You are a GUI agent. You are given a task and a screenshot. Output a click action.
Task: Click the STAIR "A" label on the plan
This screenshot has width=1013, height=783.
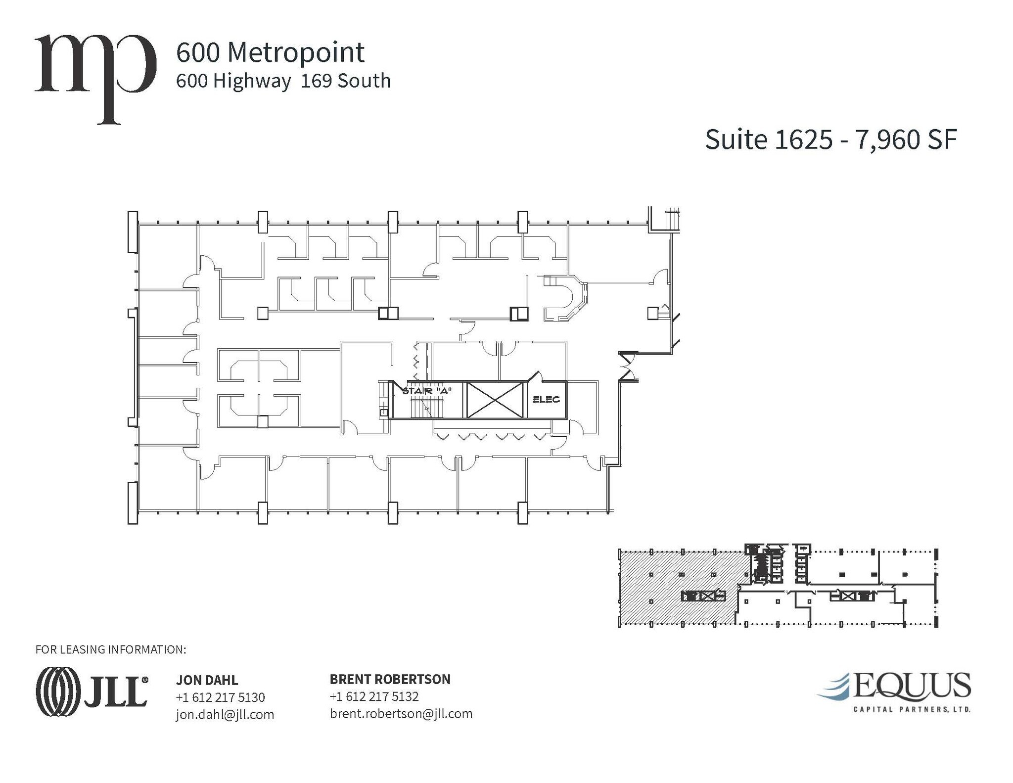coord(427,391)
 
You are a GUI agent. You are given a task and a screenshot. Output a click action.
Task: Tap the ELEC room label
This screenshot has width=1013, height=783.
coord(546,399)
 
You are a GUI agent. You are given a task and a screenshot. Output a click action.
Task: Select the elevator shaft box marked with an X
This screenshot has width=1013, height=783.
coord(495,400)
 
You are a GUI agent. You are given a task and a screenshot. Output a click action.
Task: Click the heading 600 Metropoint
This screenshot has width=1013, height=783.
coord(270,52)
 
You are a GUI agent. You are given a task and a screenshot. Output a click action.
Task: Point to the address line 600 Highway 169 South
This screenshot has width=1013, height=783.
coord(283,81)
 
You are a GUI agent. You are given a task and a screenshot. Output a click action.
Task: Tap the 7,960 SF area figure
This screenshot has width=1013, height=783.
coord(906,139)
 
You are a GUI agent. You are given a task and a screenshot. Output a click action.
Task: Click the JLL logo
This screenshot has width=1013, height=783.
coord(92,691)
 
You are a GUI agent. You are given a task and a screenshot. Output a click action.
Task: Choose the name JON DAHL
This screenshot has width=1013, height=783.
coord(207,680)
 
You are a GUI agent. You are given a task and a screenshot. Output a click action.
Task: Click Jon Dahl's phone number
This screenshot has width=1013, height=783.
coord(220,697)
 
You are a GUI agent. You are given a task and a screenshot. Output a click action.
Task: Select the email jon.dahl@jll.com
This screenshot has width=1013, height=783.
coord(225,715)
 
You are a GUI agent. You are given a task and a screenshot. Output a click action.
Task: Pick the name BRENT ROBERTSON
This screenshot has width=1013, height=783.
coord(390,679)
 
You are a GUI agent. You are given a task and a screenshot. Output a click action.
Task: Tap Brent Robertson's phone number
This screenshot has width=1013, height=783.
coord(374,696)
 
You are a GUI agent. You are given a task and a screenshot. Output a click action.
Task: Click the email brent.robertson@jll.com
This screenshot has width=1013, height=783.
coord(401,714)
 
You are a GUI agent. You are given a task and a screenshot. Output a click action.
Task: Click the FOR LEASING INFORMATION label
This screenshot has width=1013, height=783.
coord(111,649)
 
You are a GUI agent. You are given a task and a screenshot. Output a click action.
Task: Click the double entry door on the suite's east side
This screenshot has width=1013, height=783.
coord(627,367)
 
